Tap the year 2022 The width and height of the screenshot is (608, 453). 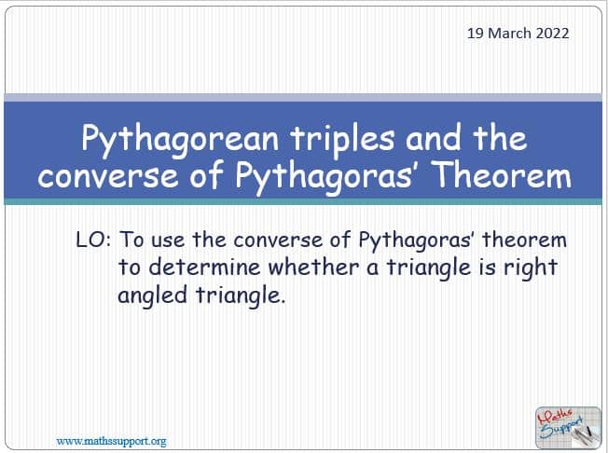[x=553, y=34]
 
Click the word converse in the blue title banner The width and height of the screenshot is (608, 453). [x=108, y=177]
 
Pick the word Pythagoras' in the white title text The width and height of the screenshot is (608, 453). [x=325, y=177]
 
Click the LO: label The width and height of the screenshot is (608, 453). [x=93, y=240]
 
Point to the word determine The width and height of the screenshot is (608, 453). [x=204, y=268]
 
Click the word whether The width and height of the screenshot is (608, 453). [x=313, y=268]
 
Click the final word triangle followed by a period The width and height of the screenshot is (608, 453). [x=241, y=296]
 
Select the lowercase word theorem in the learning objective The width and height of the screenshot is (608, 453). [x=524, y=240]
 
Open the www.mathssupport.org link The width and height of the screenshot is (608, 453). [x=111, y=442]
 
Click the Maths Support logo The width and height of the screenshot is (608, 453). [x=568, y=428]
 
